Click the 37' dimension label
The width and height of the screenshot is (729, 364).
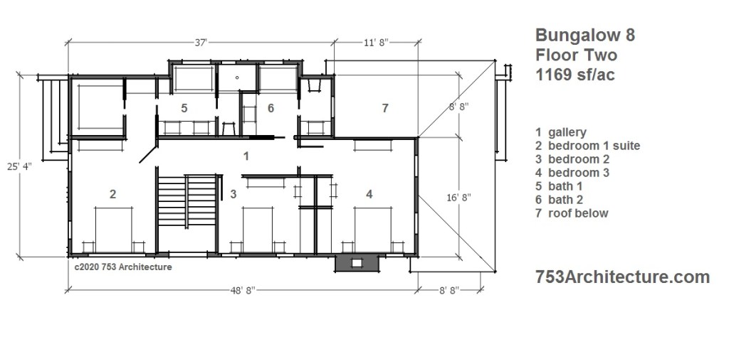click(200, 43)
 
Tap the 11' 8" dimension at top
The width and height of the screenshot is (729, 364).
click(376, 43)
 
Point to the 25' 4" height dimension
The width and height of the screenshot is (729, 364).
click(19, 166)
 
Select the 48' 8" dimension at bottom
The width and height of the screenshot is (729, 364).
click(243, 290)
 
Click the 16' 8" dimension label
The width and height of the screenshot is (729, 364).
click(458, 198)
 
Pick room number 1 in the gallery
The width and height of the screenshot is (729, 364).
click(246, 156)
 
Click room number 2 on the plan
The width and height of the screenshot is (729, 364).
click(112, 194)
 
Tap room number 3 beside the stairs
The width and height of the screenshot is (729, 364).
click(234, 194)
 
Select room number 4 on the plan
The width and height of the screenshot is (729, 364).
click(369, 194)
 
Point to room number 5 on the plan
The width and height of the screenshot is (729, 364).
click(184, 108)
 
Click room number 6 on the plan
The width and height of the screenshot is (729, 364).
click(271, 108)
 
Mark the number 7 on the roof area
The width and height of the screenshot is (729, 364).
click(385, 108)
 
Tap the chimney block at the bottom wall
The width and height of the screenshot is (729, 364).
click(356, 263)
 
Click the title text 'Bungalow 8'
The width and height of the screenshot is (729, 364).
click(585, 35)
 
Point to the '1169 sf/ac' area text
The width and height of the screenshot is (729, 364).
click(575, 74)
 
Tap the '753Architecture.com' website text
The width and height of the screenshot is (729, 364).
click(622, 277)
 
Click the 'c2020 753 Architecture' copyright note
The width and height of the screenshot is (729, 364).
click(123, 267)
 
